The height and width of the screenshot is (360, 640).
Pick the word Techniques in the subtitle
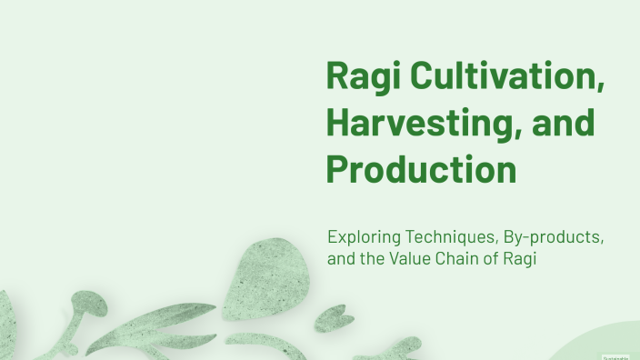(x=451, y=238)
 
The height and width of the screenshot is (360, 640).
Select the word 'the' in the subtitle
(x=376, y=259)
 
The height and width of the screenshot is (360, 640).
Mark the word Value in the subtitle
(x=415, y=259)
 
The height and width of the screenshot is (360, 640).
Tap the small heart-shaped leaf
(x=334, y=318)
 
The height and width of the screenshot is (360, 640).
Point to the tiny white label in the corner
(x=615, y=357)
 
